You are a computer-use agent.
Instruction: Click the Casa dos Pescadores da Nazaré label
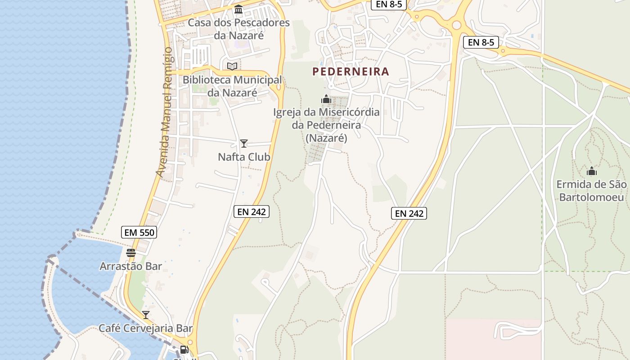(238, 29)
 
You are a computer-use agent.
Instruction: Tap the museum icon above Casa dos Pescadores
(238, 9)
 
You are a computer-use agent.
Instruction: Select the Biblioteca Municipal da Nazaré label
(232, 86)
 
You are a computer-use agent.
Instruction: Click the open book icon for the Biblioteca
(232, 67)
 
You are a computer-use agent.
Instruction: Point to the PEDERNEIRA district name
(351, 72)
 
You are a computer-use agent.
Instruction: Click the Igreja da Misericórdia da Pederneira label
(326, 125)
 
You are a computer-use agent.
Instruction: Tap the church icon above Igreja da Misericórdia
(326, 99)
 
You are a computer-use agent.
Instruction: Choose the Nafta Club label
(244, 157)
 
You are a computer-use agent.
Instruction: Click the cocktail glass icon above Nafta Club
(244, 144)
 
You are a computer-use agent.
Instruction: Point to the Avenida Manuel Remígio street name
(164, 112)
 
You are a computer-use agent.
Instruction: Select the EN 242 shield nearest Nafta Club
(252, 211)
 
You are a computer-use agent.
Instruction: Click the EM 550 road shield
(139, 233)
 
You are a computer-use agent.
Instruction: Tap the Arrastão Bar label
(130, 266)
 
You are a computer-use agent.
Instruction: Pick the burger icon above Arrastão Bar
(131, 253)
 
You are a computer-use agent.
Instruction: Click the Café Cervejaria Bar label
(146, 328)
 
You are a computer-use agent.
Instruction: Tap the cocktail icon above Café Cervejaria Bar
(146, 315)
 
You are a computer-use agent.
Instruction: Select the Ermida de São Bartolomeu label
(591, 191)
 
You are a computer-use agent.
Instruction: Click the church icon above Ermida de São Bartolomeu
(592, 171)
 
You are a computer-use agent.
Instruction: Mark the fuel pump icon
(184, 349)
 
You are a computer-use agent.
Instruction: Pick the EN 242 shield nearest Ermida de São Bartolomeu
(409, 213)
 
